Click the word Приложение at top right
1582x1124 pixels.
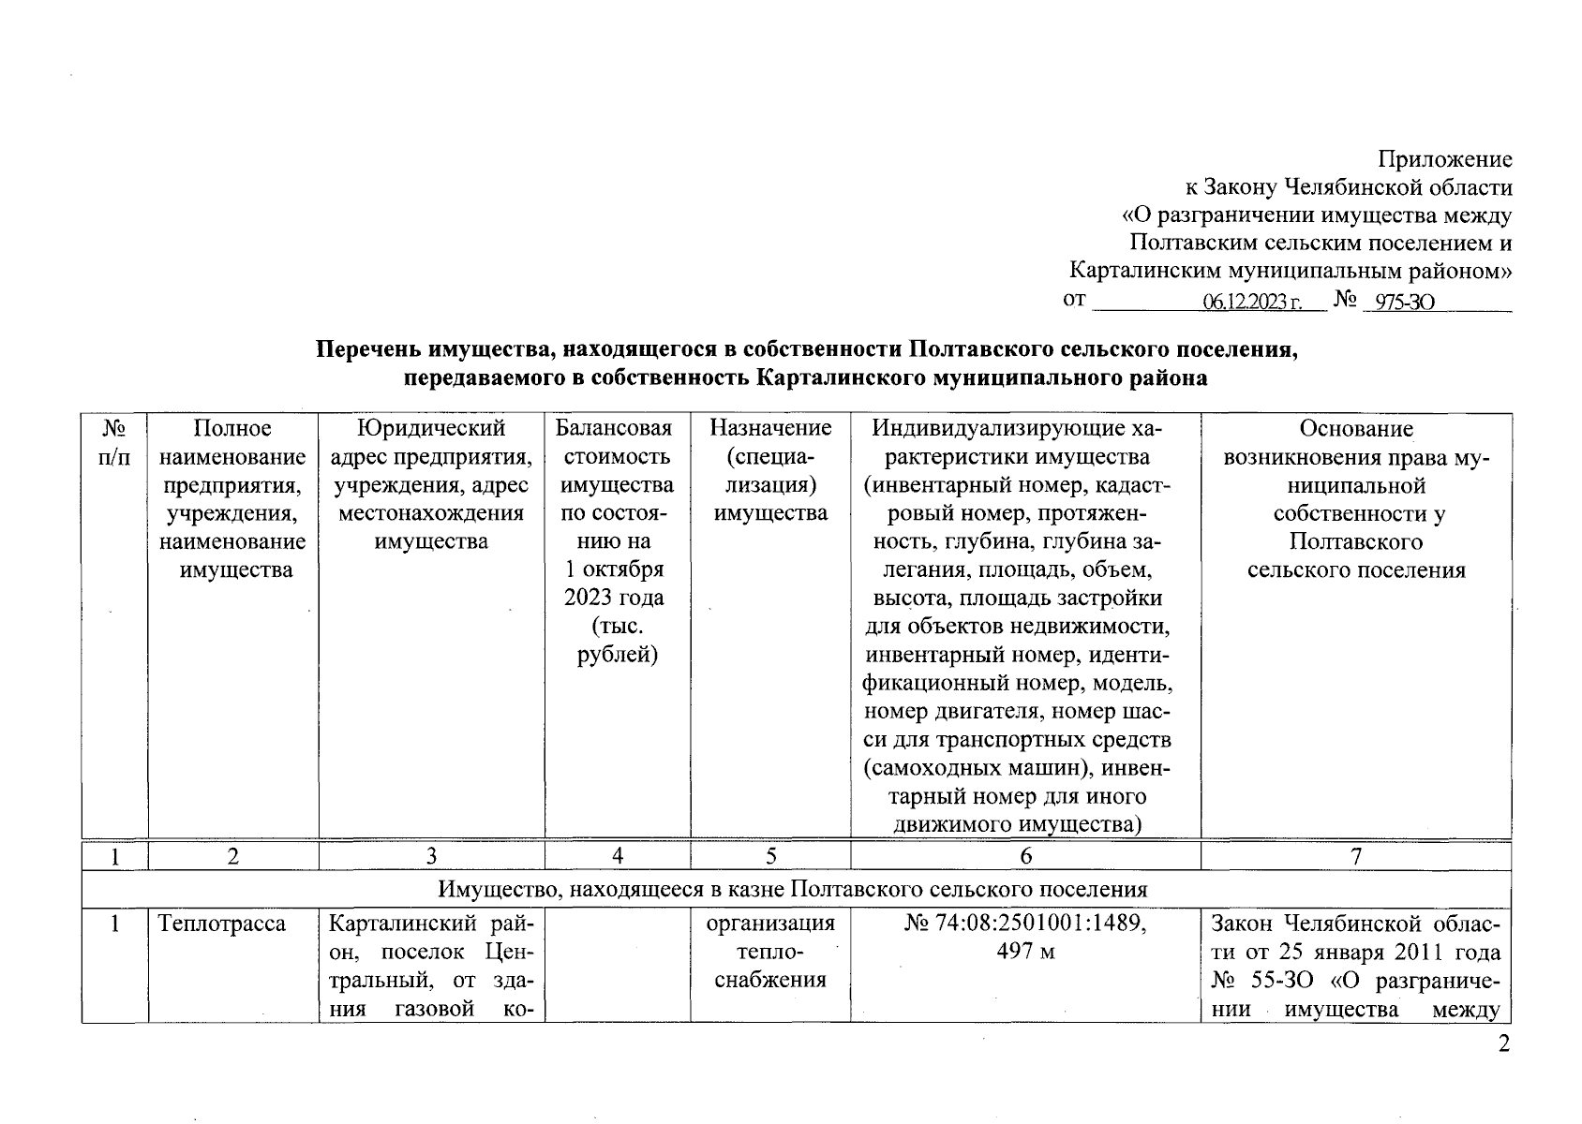(1444, 159)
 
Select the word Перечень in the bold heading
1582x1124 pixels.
(369, 349)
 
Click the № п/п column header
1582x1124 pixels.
(114, 443)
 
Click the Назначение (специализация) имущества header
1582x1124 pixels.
(770, 471)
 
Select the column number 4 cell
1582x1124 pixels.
(618, 856)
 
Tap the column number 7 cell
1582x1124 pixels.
(1355, 856)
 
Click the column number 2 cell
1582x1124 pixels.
(233, 856)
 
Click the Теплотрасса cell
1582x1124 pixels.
(222, 924)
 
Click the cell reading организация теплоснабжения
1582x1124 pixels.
(770, 953)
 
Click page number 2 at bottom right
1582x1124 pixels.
(1503, 1044)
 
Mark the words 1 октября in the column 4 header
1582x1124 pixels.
(615, 569)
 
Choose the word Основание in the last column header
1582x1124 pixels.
(1355, 429)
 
